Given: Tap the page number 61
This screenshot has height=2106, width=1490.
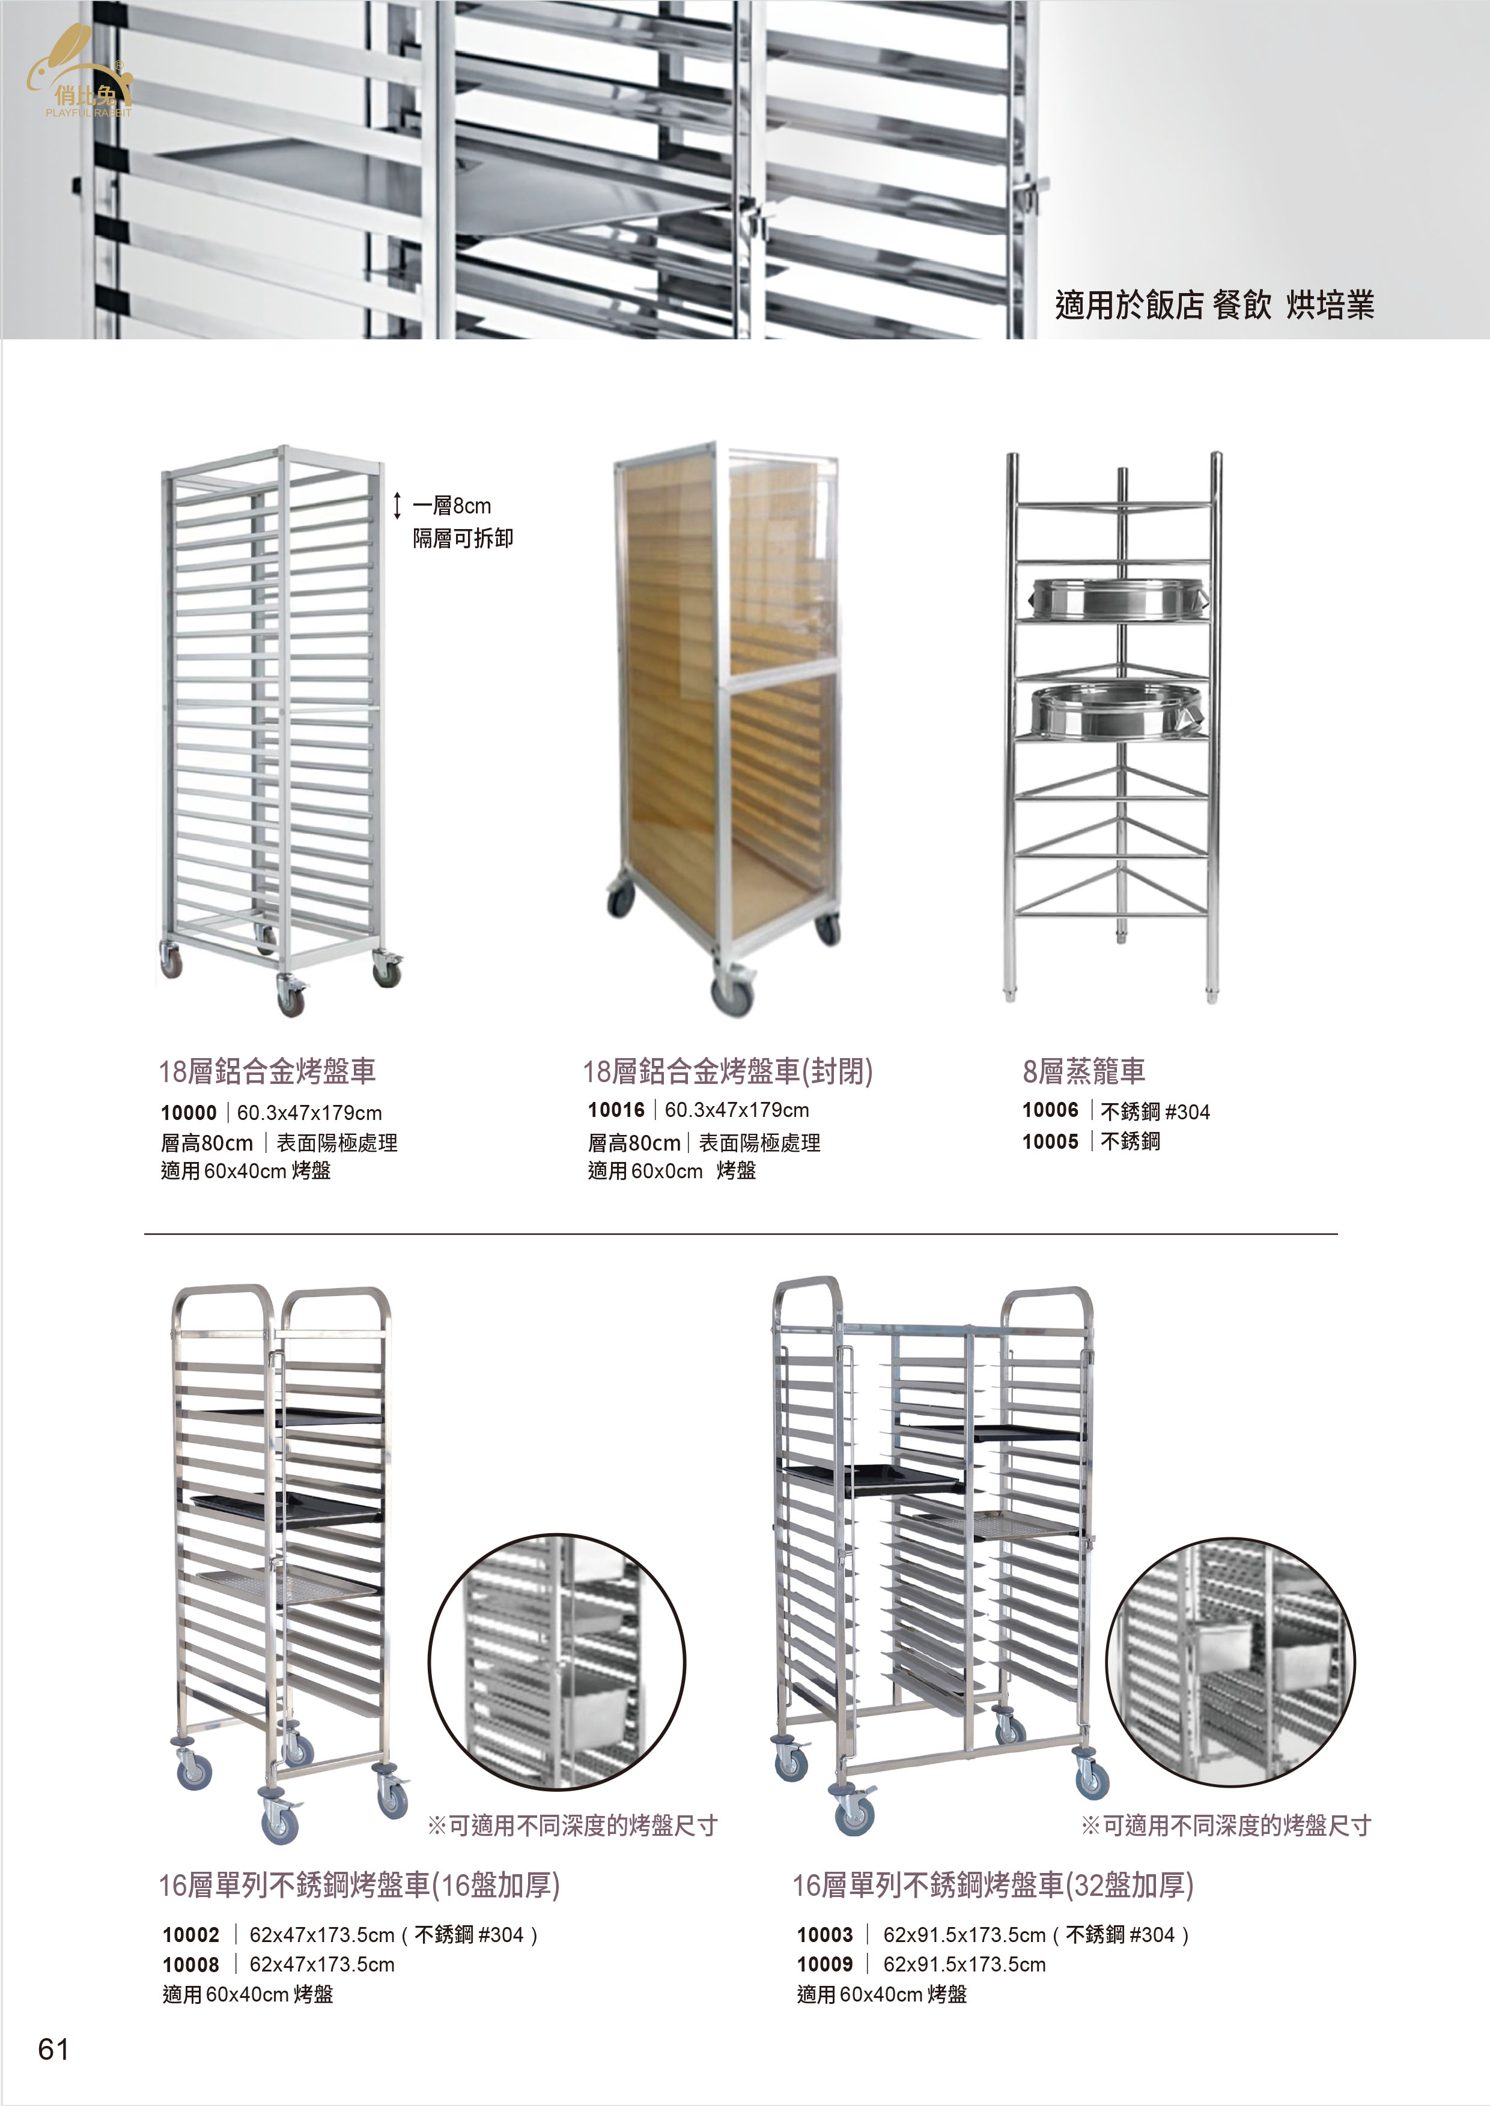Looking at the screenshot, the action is (53, 2048).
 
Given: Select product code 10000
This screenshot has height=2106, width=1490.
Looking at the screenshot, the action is (188, 1113).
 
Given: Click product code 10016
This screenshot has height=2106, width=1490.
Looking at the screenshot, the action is (616, 1110).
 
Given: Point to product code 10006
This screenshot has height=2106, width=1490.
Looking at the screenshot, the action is (1051, 1110).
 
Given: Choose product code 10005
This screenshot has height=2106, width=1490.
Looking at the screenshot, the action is (1051, 1141).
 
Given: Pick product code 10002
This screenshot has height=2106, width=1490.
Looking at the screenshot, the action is (191, 1934).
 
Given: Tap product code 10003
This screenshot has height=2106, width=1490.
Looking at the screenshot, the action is (825, 1934).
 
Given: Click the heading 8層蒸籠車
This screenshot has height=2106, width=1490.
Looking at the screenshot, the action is (1083, 1071).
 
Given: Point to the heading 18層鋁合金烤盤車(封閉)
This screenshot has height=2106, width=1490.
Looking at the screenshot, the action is (728, 1071).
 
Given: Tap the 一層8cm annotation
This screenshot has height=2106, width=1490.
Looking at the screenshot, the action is (451, 506).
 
